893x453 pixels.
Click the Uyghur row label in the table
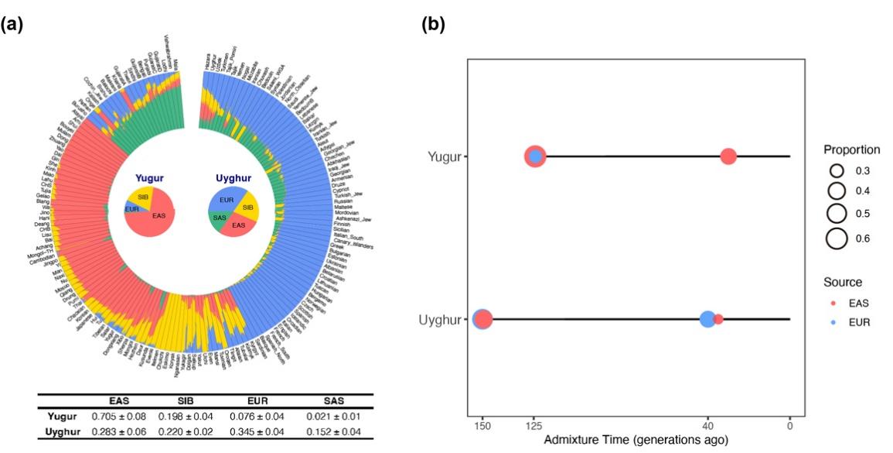[62, 431]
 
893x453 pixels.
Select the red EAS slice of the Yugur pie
[158, 220]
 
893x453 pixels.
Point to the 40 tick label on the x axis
[707, 425]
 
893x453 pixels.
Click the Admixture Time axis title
[636, 440]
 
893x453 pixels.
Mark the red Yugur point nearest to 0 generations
[728, 156]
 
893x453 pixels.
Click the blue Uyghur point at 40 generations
[707, 319]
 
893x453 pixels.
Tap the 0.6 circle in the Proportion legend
[836, 239]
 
